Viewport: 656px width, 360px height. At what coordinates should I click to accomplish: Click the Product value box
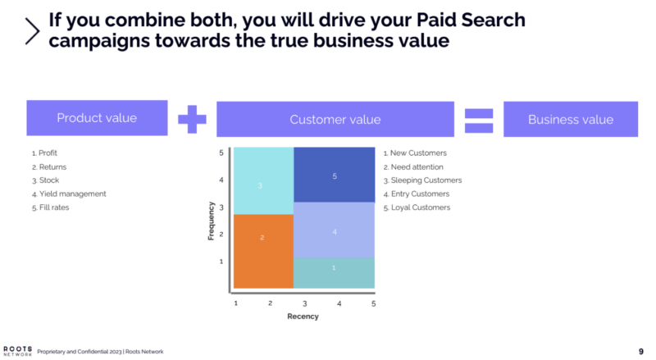(x=97, y=117)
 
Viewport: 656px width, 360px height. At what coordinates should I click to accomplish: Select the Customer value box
(x=335, y=119)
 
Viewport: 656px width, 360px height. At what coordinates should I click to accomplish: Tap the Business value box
(x=571, y=119)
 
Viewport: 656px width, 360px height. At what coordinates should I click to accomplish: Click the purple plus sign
(x=192, y=119)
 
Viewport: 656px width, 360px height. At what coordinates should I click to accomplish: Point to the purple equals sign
(x=479, y=121)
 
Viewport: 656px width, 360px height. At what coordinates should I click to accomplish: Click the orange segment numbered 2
(x=263, y=251)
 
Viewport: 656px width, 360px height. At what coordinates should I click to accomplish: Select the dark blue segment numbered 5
(x=335, y=175)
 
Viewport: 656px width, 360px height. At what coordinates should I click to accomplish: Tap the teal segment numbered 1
(x=334, y=273)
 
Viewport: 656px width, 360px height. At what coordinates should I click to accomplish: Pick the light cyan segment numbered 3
(x=263, y=180)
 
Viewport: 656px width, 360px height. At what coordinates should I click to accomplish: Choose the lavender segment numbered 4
(x=335, y=230)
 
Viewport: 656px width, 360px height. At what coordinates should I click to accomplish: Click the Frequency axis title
(x=211, y=221)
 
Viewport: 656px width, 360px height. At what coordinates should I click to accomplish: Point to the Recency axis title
(x=303, y=317)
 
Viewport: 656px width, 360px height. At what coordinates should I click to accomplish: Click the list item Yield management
(x=69, y=194)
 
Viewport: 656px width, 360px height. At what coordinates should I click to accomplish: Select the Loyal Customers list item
(x=417, y=207)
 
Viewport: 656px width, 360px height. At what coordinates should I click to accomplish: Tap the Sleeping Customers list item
(x=422, y=180)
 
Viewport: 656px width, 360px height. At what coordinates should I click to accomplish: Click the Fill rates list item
(x=51, y=207)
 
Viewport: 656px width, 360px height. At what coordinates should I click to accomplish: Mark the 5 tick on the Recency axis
(x=374, y=303)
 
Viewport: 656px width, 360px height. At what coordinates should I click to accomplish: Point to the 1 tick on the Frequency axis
(x=221, y=262)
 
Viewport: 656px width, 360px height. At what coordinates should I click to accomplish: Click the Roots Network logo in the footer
(x=17, y=351)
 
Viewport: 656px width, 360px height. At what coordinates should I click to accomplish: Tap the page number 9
(x=641, y=352)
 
